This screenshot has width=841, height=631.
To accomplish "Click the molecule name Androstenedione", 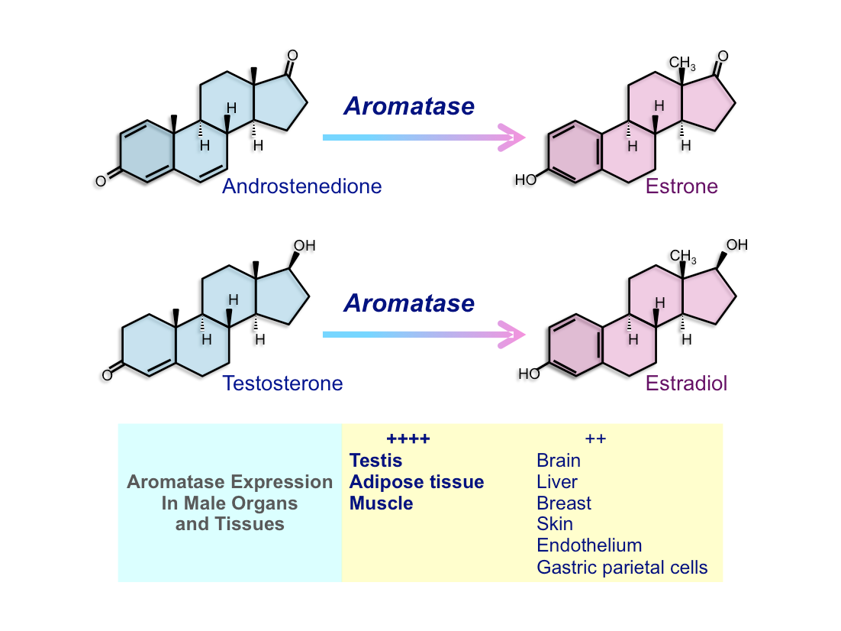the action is pyautogui.click(x=302, y=186).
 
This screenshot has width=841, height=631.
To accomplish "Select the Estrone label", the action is pyautogui.click(x=681, y=186).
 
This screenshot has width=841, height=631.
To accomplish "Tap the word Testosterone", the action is pyautogui.click(x=282, y=383).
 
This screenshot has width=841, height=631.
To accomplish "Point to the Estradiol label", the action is pyautogui.click(x=687, y=383).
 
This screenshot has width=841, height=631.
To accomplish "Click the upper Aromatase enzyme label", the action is pyautogui.click(x=409, y=105).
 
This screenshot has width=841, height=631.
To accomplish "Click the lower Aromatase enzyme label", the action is pyautogui.click(x=409, y=303).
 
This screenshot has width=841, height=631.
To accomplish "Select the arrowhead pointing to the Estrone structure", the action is pyautogui.click(x=511, y=138).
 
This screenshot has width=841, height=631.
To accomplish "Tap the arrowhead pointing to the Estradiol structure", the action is pyautogui.click(x=511, y=335).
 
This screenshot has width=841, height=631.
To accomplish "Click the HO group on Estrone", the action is pyautogui.click(x=526, y=180).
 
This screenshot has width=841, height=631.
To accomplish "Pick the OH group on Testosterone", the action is pyautogui.click(x=304, y=245).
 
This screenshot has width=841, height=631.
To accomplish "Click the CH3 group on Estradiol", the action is pyautogui.click(x=683, y=256).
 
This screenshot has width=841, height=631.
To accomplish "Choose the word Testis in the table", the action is pyautogui.click(x=375, y=460).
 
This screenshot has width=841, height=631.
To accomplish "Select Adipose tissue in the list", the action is pyautogui.click(x=417, y=482).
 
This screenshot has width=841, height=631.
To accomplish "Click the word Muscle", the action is pyautogui.click(x=382, y=503).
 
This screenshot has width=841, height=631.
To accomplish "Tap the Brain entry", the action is pyautogui.click(x=559, y=460).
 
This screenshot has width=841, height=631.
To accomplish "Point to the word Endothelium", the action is pyautogui.click(x=589, y=545).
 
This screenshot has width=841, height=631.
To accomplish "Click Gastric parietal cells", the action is pyautogui.click(x=622, y=567).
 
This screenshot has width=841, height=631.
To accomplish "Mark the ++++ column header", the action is pyautogui.click(x=408, y=438).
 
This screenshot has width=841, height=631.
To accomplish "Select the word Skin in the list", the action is pyautogui.click(x=555, y=523).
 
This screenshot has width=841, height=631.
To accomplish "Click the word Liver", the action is pyautogui.click(x=557, y=482).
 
